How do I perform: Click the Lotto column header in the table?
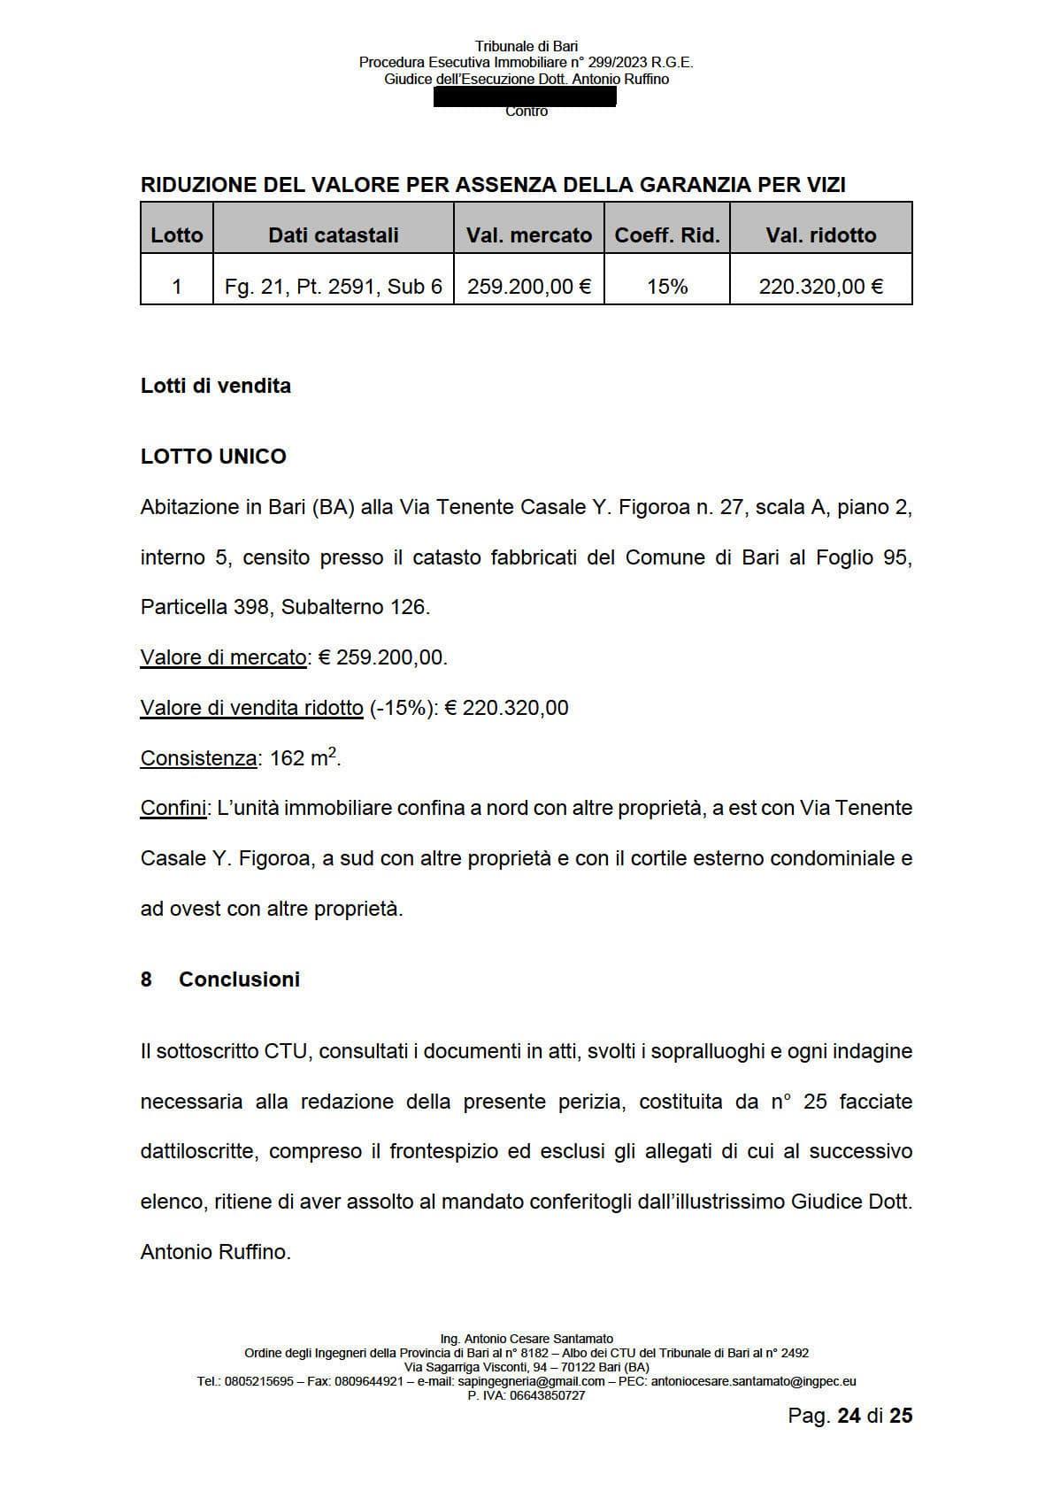pos(177,234)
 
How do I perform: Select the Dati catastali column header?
pos(334,234)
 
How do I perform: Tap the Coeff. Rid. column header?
pos(667,234)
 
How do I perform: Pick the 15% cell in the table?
pos(667,287)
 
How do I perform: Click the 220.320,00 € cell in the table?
pos(821,287)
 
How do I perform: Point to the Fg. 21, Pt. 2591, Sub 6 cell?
pos(334,287)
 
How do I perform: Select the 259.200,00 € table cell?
pos(529,287)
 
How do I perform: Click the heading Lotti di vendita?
pos(216,386)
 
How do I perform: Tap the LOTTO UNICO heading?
pos(213,457)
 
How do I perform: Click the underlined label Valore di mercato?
pos(223,657)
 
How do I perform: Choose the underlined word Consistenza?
pos(199,758)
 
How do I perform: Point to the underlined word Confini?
pos(173,808)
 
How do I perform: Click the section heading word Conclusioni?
pos(239,979)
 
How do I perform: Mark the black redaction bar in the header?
pos(525,96)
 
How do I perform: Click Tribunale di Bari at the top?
pos(526,46)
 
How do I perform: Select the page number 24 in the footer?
pos(849,1416)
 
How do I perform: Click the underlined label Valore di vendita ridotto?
pos(252,708)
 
